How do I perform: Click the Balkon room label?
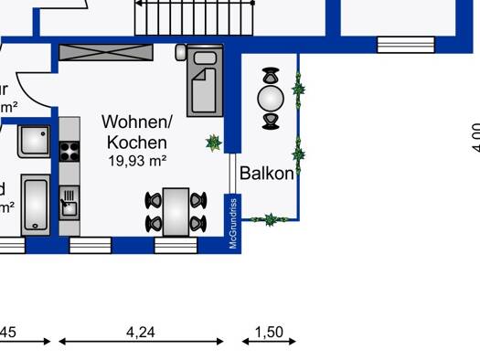[267, 173]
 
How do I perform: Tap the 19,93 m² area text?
[136, 160]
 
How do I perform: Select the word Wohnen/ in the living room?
[137, 122]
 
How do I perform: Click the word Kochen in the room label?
[137, 142]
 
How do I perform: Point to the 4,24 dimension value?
[140, 333]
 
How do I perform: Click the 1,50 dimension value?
[268, 333]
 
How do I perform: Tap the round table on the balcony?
[271, 96]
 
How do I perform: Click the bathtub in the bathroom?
[36, 206]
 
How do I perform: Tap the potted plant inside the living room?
[214, 143]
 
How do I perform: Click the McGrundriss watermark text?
[233, 223]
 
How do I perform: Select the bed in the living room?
[205, 82]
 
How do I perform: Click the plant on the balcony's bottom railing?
[270, 218]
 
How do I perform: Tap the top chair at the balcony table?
[271, 75]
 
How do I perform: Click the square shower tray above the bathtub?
[36, 142]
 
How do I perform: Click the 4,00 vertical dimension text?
[474, 137]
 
